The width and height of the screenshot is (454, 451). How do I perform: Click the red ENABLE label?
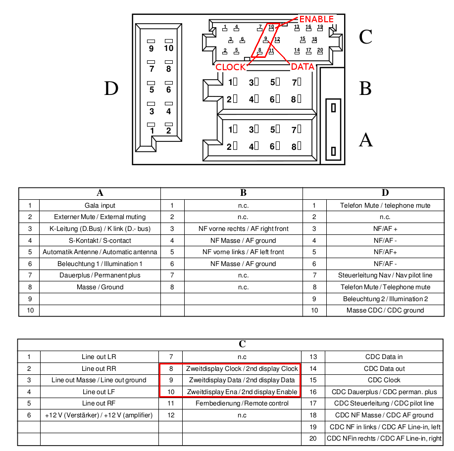coord(316,19)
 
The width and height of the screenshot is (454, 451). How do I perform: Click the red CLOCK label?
coord(231,67)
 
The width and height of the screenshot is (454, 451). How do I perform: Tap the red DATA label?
coord(303,67)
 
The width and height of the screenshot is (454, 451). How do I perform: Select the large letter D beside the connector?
coord(111,88)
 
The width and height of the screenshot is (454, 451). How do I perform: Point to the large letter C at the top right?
coord(365,37)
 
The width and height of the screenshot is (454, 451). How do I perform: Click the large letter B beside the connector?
coord(365,88)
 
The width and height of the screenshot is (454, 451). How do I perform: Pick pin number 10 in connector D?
coord(168,48)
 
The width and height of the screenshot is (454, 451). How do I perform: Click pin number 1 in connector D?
coord(151,131)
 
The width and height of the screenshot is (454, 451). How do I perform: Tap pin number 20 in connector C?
coord(320,50)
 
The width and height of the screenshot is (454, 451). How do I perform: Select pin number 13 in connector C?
coord(297,27)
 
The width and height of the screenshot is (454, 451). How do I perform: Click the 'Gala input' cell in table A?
coord(100,205)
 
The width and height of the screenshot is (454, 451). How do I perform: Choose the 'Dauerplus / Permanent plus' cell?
coord(100,275)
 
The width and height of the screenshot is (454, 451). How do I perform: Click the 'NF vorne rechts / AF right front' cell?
coord(244,228)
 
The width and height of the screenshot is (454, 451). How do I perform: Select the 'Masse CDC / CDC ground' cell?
coord(385,311)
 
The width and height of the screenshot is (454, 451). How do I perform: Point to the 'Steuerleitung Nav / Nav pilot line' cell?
coord(385,275)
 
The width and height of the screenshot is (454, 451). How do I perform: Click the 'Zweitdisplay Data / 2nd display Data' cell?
coord(242,380)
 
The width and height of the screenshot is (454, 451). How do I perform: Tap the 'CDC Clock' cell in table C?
coord(384,380)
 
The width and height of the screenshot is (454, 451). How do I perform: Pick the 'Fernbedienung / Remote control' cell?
coord(242,403)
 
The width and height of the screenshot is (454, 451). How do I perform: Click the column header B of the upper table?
coord(243,193)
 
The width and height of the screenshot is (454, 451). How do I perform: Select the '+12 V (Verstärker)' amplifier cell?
coord(99,415)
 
